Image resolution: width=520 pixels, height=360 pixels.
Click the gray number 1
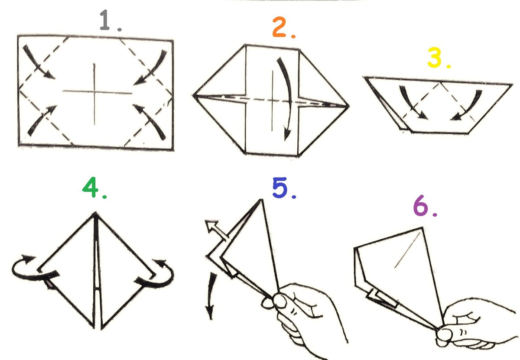click(104, 20)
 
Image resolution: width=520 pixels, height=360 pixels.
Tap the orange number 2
click(279, 27)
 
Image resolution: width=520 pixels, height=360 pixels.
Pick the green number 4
click(90, 187)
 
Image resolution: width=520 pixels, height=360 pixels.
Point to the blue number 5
click(280, 188)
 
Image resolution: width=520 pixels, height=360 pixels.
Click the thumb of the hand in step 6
click(445, 335)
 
